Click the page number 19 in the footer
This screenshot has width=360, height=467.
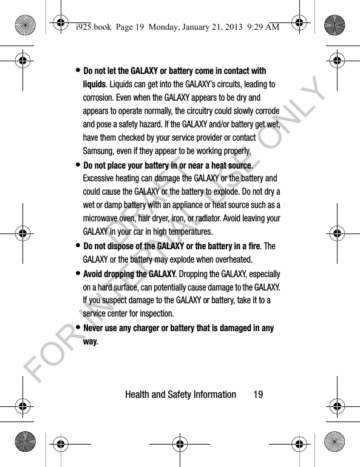pos(258,394)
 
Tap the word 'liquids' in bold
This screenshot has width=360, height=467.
pos(95,84)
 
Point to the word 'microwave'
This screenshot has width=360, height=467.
pos(103,218)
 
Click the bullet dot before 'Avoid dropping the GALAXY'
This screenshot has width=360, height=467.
pos(78,273)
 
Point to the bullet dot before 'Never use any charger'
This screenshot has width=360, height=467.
pos(78,328)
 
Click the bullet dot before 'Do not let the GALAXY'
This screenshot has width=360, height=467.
pos(78,70)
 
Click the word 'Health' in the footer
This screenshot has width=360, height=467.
pos(137,394)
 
